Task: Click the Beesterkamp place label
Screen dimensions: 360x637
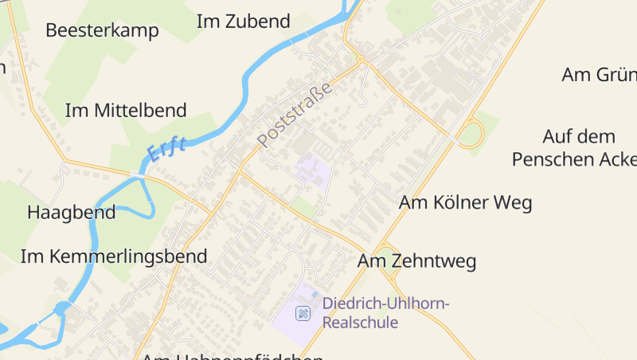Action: pyautogui.click(x=102, y=30)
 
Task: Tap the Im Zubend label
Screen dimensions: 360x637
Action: pyautogui.click(x=243, y=22)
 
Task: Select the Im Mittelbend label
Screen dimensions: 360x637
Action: pyautogui.click(x=126, y=110)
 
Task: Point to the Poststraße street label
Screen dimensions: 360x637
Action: pyautogui.click(x=294, y=114)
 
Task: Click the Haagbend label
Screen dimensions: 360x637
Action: pyautogui.click(x=71, y=213)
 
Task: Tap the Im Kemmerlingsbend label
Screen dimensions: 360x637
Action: pyautogui.click(x=113, y=256)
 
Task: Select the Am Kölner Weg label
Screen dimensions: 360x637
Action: pyautogui.click(x=465, y=202)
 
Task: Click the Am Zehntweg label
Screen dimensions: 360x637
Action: pyautogui.click(x=416, y=260)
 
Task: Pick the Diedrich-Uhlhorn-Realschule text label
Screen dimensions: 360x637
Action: pyautogui.click(x=386, y=312)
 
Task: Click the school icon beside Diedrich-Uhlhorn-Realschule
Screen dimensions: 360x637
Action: pyautogui.click(x=303, y=313)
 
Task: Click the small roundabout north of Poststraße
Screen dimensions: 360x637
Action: pyautogui.click(x=361, y=59)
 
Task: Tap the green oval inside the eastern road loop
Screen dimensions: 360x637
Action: pyautogui.click(x=470, y=133)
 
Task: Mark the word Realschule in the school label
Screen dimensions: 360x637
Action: pyautogui.click(x=360, y=323)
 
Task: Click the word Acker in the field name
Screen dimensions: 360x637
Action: pyautogui.click(x=610, y=158)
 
